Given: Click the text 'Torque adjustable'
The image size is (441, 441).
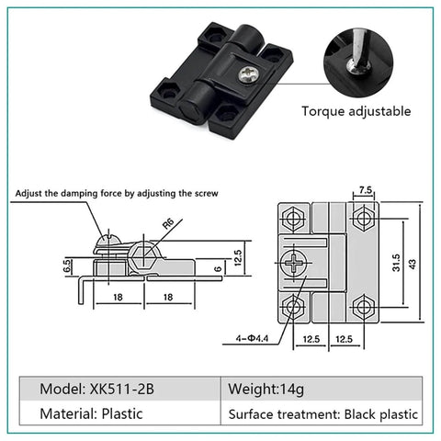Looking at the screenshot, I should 357,112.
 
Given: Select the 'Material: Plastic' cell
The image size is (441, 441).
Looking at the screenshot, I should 91,413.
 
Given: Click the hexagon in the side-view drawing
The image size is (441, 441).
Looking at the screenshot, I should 143,256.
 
